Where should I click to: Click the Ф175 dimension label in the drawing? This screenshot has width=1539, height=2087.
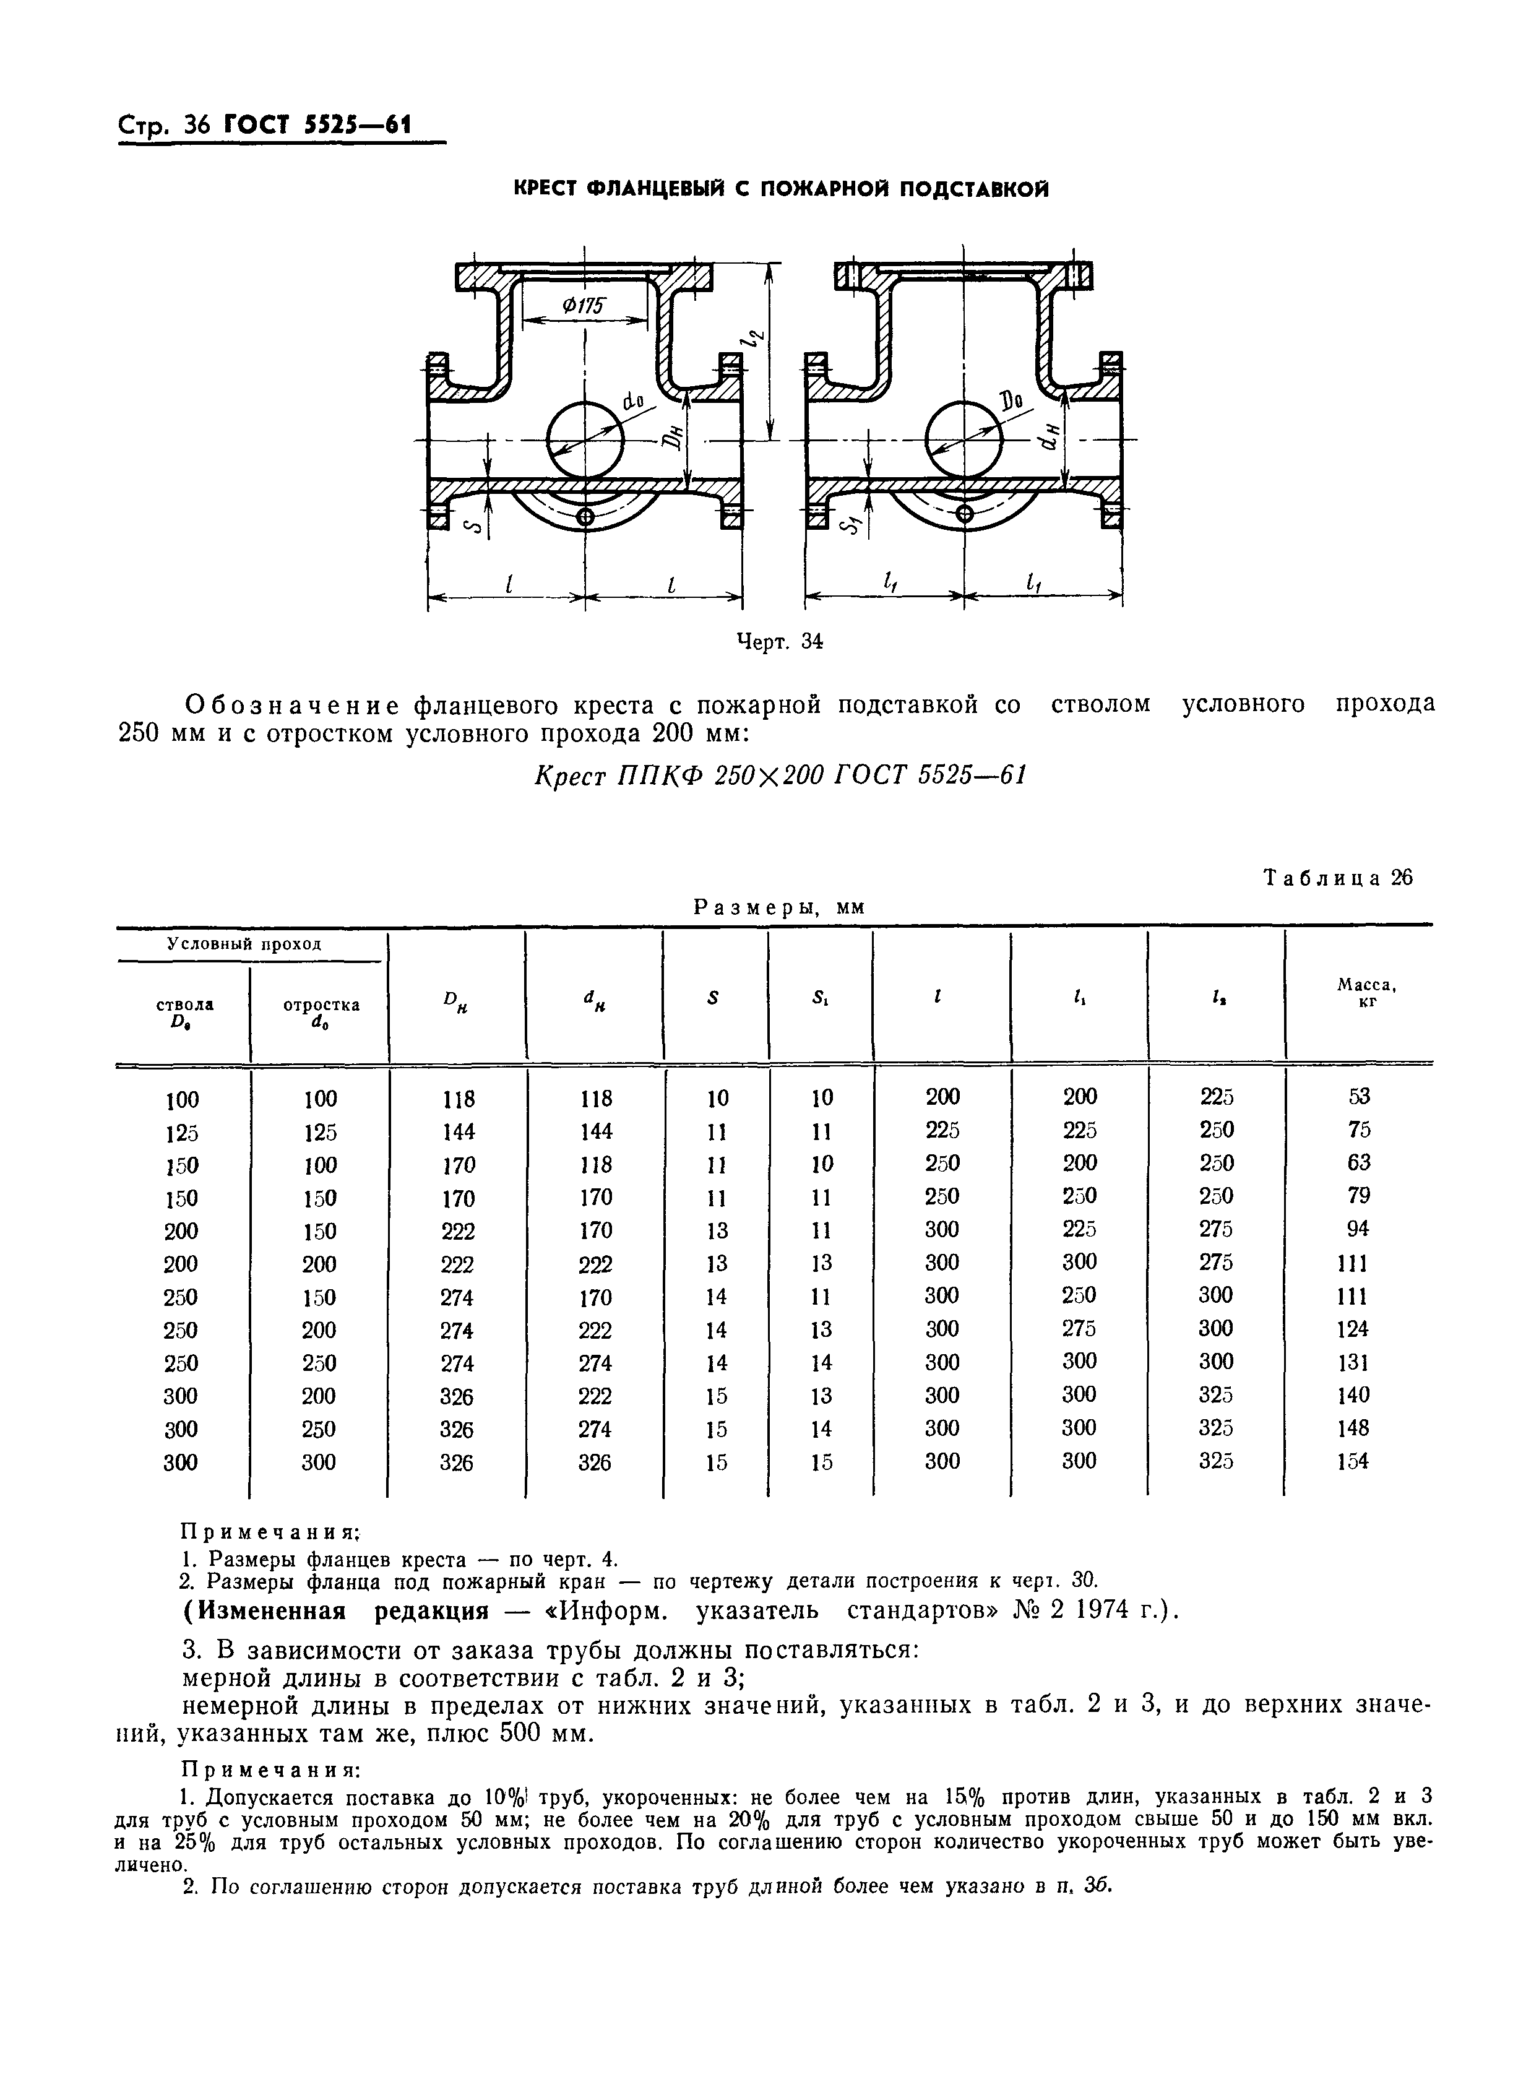584,306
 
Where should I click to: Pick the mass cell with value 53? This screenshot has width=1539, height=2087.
1359,1097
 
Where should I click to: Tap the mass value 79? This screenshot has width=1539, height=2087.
1359,1195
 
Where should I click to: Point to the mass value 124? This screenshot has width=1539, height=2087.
1353,1329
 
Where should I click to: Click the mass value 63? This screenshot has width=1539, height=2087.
1359,1163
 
